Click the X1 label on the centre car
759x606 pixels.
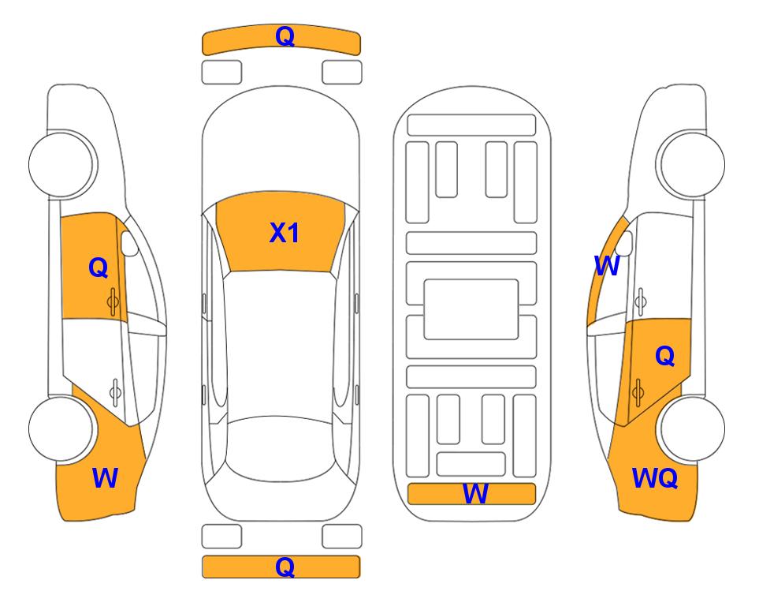click(285, 233)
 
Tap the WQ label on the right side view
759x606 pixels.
click(654, 478)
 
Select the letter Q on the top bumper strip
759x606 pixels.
click(285, 36)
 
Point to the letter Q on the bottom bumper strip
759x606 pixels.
click(285, 567)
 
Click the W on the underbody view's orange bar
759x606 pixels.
click(475, 493)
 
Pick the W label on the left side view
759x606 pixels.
click(105, 478)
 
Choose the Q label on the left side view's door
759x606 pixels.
click(99, 267)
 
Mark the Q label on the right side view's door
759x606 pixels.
click(664, 357)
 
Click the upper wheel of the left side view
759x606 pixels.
click(62, 164)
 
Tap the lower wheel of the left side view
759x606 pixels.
click(61, 429)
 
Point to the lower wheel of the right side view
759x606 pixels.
click(691, 429)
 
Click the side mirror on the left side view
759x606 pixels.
click(129, 243)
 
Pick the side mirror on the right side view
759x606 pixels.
click(625, 243)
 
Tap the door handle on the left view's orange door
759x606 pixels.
click(113, 301)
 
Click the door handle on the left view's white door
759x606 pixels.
click(115, 391)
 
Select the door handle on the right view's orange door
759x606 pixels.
click(638, 392)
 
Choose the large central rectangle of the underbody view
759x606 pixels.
click(471, 309)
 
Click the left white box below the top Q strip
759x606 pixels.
click(221, 73)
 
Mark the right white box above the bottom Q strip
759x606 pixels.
click(342, 537)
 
